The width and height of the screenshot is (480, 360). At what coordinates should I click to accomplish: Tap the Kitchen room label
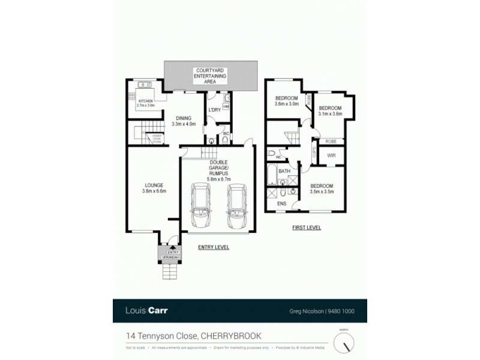[x=146, y=103]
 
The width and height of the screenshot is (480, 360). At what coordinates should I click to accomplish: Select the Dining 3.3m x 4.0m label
[x=184, y=121]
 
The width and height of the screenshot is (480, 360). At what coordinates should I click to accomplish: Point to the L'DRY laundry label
[x=214, y=110]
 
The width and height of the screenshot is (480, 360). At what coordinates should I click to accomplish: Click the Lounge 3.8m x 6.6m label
[x=154, y=188]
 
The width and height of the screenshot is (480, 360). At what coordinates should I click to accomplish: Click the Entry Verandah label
[x=171, y=256]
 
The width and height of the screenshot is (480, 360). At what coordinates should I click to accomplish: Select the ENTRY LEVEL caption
[x=213, y=247]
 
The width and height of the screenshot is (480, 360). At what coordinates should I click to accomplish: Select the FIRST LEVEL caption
[x=307, y=227]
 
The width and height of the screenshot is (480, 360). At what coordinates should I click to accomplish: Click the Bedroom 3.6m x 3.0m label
[x=286, y=101]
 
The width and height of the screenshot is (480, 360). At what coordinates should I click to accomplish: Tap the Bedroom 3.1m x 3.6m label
[x=329, y=110]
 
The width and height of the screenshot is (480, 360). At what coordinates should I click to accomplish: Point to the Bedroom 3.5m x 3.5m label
[x=322, y=188]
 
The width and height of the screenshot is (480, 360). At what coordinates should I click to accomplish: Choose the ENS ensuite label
[x=281, y=204]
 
